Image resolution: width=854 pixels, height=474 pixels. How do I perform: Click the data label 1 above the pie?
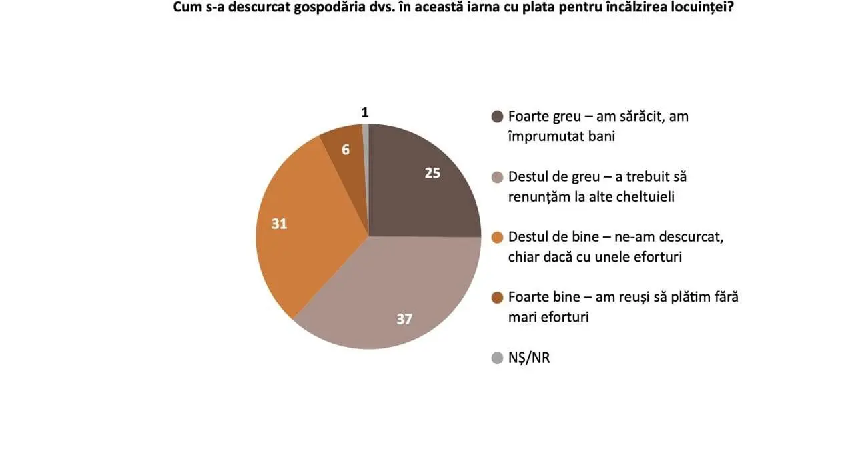365,113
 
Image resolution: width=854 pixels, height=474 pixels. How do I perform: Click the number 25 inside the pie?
432,172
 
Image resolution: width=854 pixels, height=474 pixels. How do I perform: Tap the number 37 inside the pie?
404,319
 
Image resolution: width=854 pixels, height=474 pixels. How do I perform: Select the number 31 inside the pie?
279,224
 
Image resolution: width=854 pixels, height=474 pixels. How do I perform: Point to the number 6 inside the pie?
346,150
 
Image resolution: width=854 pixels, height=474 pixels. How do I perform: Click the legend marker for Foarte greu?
496,117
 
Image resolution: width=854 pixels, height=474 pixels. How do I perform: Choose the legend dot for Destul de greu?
496,178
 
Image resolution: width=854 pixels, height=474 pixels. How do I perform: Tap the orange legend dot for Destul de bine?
496,238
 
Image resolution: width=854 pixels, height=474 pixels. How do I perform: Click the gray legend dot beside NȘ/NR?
496,359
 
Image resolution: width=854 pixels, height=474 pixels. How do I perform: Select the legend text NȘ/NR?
529,359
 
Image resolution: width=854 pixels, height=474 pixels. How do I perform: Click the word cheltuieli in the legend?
652,196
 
